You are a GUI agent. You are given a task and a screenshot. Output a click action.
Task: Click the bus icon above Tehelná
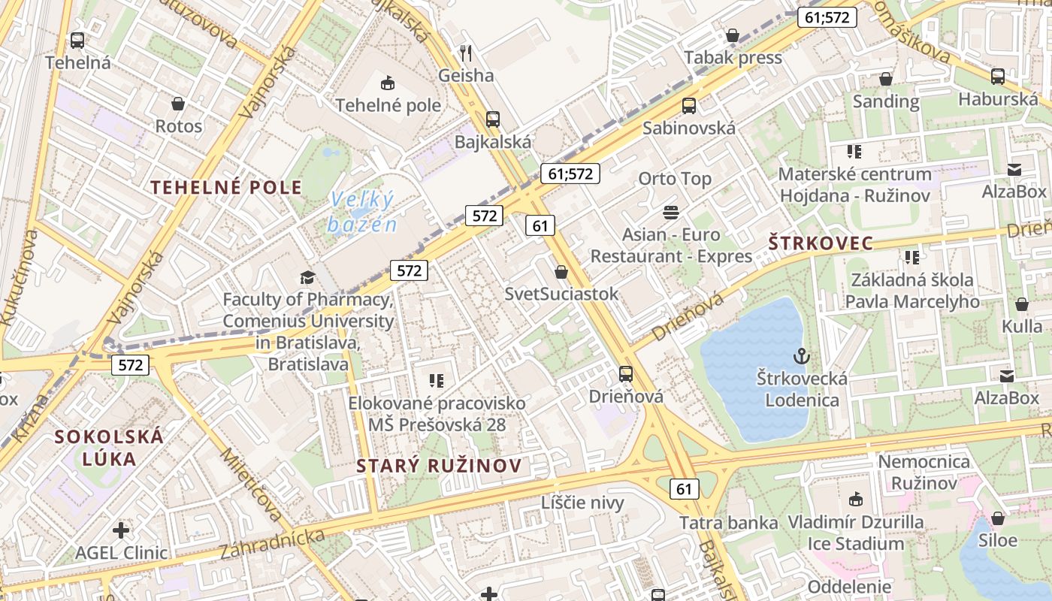(x=77, y=41)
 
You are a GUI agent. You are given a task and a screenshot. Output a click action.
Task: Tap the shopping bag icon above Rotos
(x=178, y=104)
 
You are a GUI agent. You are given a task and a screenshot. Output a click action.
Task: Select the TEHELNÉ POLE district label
(x=226, y=188)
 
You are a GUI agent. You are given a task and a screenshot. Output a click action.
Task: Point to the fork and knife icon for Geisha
(x=466, y=53)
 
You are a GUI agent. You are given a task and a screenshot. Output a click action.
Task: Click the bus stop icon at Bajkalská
(x=493, y=119)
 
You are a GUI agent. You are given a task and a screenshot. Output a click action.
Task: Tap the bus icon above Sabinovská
(x=688, y=106)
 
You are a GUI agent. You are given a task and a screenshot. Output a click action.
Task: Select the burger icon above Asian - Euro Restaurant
(x=671, y=213)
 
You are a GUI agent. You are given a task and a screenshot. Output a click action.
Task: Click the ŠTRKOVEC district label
(x=821, y=243)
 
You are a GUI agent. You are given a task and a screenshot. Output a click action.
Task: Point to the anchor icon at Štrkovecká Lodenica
(x=801, y=355)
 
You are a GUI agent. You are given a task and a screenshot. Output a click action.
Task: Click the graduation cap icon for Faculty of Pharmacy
(x=307, y=277)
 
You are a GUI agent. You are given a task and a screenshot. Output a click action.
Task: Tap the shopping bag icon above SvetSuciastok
(x=561, y=272)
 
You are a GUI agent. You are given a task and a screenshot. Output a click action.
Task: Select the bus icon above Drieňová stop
(x=625, y=373)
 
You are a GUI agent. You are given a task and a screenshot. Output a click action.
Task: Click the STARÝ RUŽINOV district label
(x=439, y=466)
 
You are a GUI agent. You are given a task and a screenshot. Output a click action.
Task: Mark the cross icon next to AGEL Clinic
(x=121, y=530)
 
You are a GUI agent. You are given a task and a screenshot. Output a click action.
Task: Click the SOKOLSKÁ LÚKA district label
(x=109, y=448)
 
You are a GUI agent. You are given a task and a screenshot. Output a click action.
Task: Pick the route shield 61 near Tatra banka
(x=684, y=489)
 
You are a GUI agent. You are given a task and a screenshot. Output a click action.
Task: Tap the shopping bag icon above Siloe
(x=998, y=518)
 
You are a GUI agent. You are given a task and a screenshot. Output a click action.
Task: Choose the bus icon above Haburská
(x=998, y=76)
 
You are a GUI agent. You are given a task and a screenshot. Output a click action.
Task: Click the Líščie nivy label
(x=582, y=503)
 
